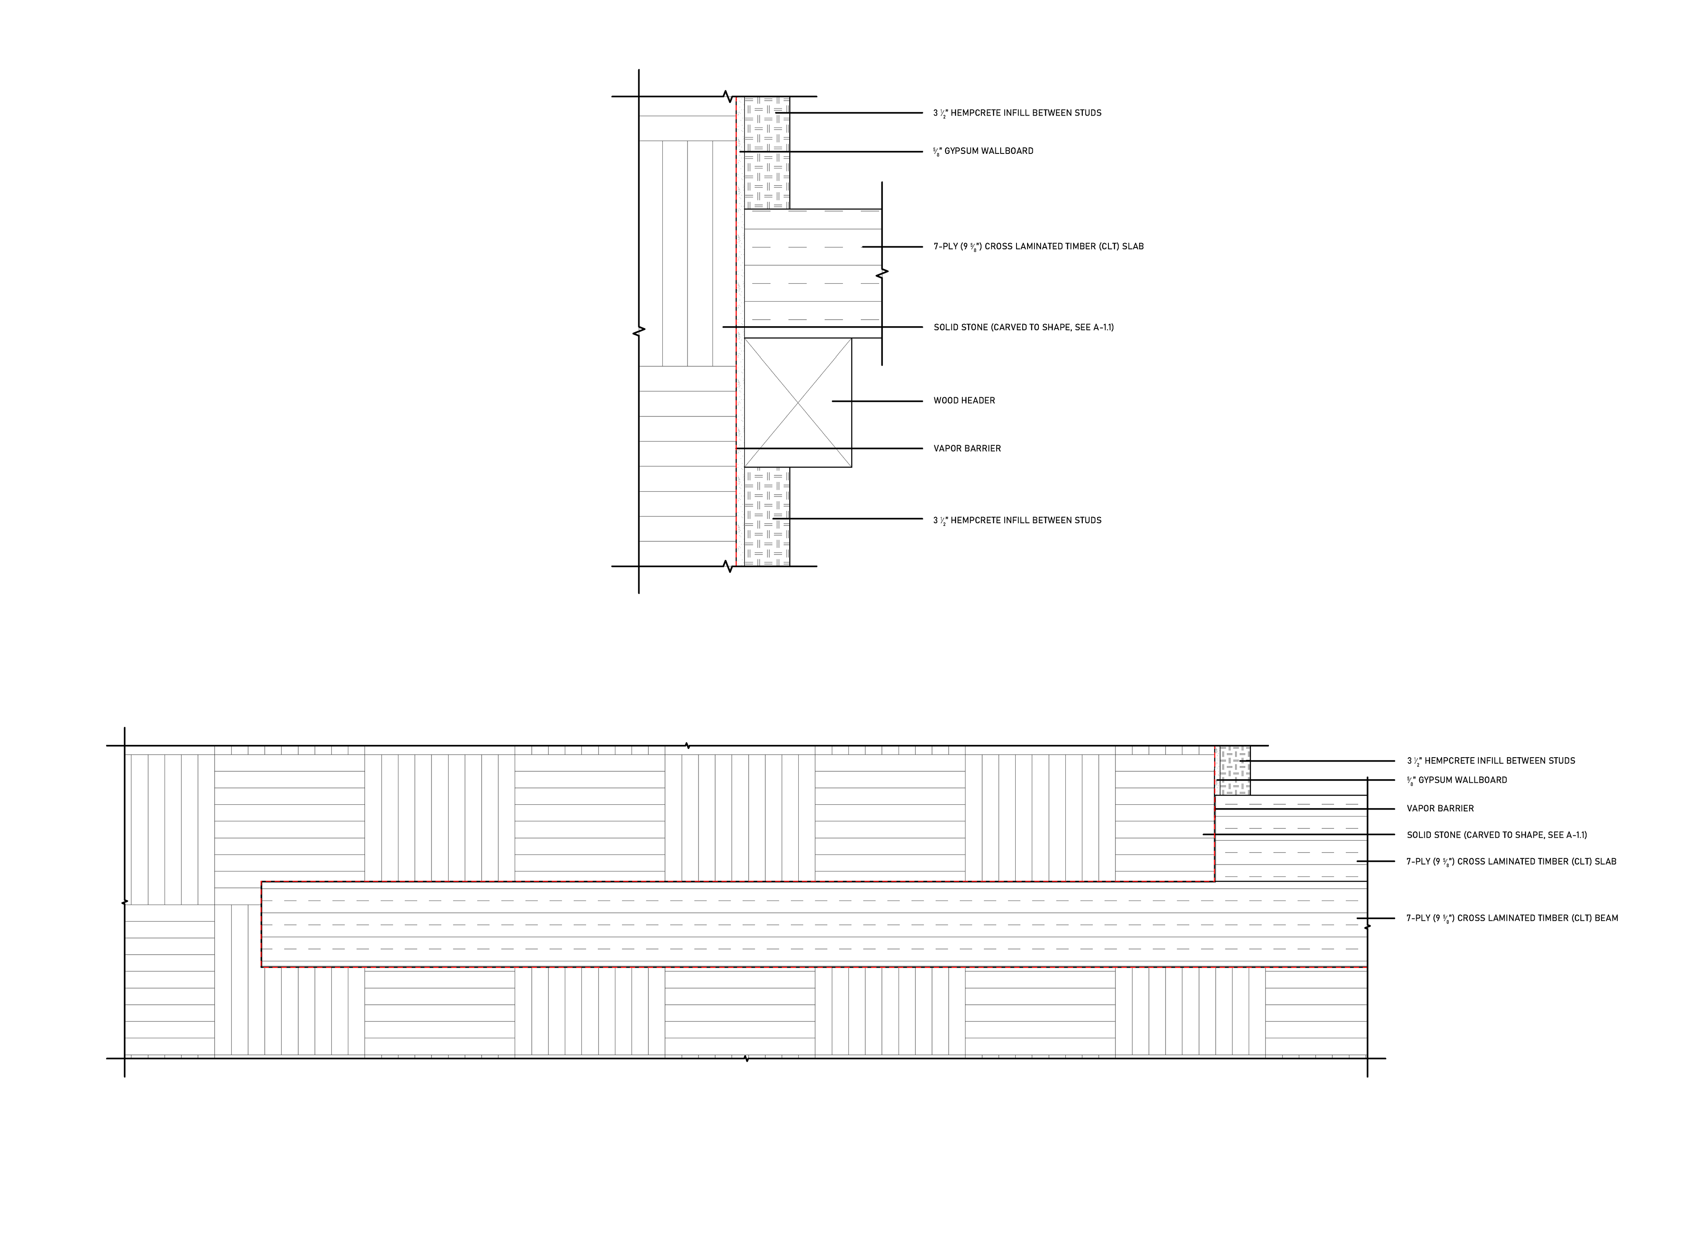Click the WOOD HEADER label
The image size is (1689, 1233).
964,401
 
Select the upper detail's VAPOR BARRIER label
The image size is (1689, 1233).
966,449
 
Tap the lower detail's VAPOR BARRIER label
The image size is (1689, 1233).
1440,808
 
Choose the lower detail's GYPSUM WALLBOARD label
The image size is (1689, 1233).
1457,780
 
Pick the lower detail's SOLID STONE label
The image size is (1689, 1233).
1496,835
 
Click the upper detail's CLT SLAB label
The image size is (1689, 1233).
1038,246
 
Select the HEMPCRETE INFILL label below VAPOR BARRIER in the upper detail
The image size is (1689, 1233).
1016,520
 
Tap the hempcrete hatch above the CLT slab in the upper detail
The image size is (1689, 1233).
767,153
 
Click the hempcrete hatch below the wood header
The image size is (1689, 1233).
767,517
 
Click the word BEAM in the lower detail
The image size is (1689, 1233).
1605,918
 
